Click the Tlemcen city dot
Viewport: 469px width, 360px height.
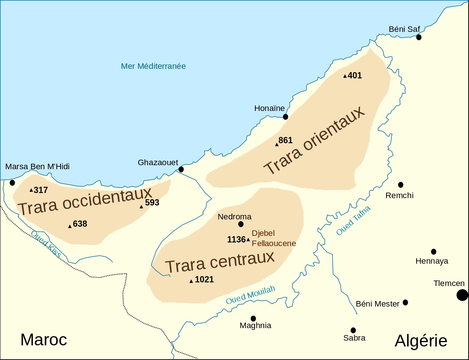pyautogui.click(x=462, y=295)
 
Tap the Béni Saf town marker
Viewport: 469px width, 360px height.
pyautogui.click(x=419, y=37)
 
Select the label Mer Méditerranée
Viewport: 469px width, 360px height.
pyautogui.click(x=153, y=66)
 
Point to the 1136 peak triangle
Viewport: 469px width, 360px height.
pyautogui.click(x=248, y=240)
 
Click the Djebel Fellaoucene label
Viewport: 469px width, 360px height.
pyautogui.click(x=273, y=238)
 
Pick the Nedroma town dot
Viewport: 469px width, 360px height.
pyautogui.click(x=241, y=224)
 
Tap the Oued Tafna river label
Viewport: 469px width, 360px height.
pyautogui.click(x=353, y=220)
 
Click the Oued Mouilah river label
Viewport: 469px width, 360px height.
pyautogui.click(x=250, y=295)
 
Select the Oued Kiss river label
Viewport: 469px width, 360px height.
pyautogui.click(x=46, y=244)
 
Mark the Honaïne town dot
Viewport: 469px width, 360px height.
pyautogui.click(x=285, y=117)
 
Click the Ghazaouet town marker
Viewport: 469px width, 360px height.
pyautogui.click(x=181, y=169)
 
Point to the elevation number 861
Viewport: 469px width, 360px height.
pyautogui.click(x=285, y=141)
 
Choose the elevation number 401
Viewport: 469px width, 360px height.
pyautogui.click(x=355, y=76)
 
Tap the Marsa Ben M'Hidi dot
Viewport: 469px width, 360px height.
pyautogui.click(x=12, y=183)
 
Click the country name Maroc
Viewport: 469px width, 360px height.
pyautogui.click(x=44, y=340)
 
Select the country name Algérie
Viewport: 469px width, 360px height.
pyautogui.click(x=421, y=341)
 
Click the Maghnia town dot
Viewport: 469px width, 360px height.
pyautogui.click(x=253, y=319)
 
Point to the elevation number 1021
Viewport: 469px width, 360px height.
pyautogui.click(x=204, y=280)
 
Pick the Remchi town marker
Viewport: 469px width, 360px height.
pyautogui.click(x=400, y=185)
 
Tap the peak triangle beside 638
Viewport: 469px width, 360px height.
pyautogui.click(x=70, y=226)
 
